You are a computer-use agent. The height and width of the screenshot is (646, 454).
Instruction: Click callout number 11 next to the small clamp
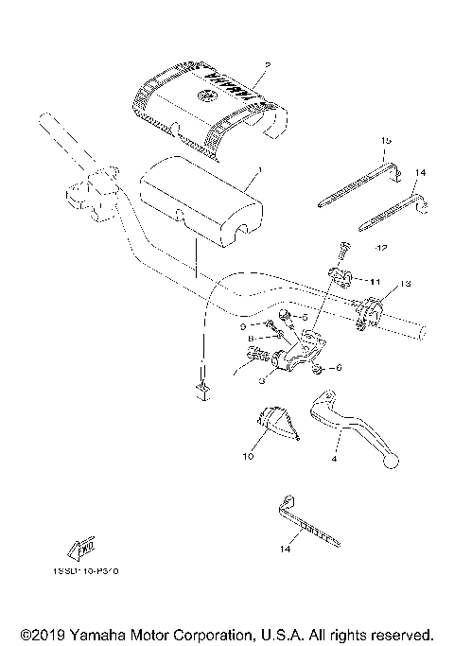[375, 281]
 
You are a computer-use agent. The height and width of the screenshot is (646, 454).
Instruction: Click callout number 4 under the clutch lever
[334, 459]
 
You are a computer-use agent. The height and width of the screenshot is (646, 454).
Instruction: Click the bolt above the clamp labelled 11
[341, 250]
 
